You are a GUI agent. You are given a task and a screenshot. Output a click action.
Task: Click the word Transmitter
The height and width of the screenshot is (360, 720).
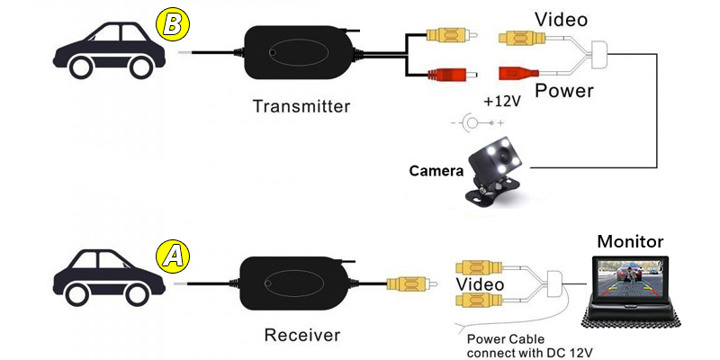click(301, 106)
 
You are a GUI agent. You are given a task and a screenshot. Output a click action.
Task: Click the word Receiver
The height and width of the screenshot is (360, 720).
click(302, 336)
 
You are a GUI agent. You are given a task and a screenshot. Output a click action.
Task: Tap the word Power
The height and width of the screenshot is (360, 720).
click(564, 91)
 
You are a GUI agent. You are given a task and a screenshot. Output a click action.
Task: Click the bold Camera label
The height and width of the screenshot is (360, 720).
click(436, 170)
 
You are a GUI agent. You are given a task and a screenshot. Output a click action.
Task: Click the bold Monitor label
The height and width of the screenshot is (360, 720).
click(630, 241)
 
